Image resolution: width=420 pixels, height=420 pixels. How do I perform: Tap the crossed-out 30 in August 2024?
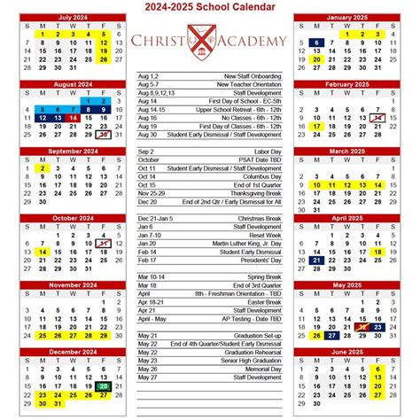pyautogui.click(x=104, y=135)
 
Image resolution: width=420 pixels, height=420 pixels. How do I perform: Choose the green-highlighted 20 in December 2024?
pyautogui.click(x=104, y=386)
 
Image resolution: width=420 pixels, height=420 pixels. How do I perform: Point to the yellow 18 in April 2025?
pyautogui.click(x=377, y=252)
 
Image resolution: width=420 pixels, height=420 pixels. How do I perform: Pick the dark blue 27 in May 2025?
pyautogui.click(x=331, y=336)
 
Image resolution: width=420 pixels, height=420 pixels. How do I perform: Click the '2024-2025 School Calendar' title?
pyautogui.click(x=209, y=7)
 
